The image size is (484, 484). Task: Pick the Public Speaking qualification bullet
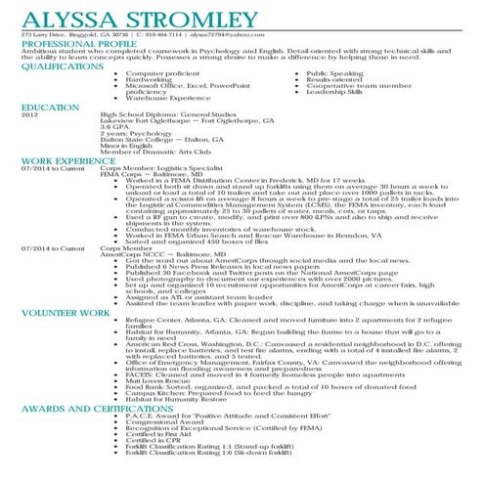[x=333, y=74]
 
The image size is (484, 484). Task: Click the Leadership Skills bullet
[x=335, y=91]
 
